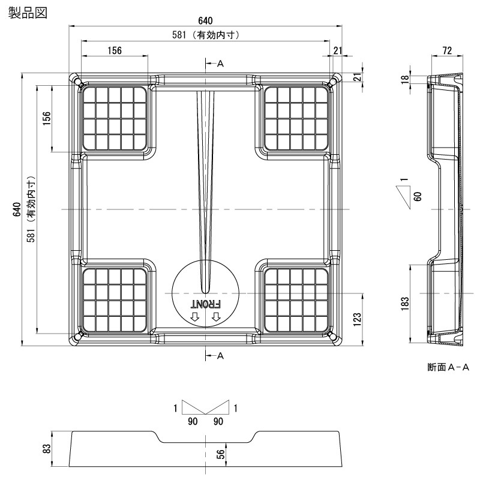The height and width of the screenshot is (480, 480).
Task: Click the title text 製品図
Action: point(26,12)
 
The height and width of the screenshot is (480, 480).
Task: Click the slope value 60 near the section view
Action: point(416,196)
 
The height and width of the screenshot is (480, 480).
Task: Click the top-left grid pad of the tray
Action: point(115,118)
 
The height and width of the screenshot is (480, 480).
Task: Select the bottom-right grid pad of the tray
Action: point(296,299)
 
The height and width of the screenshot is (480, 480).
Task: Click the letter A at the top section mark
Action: point(220,63)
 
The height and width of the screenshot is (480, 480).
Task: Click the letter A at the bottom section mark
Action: point(220,356)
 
